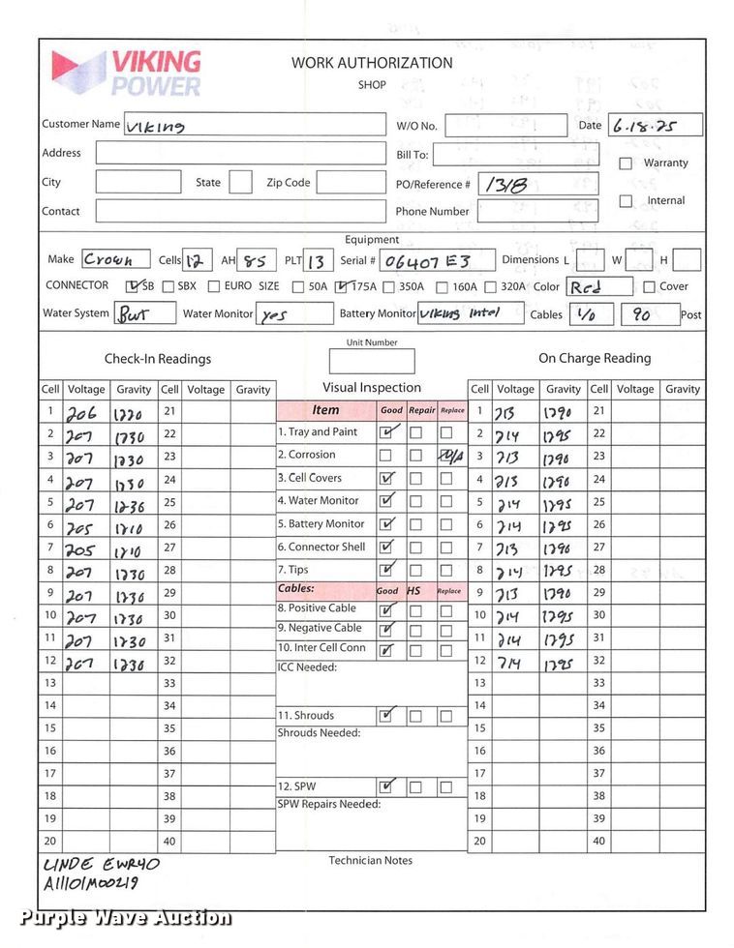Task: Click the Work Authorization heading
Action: point(372,63)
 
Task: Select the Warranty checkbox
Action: point(626,163)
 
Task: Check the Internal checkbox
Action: point(626,201)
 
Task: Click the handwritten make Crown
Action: point(108,259)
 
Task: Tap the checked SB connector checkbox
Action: point(134,286)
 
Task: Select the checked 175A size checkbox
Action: point(341,286)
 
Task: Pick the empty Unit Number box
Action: point(371,362)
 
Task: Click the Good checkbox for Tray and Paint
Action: point(387,432)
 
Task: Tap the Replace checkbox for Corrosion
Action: point(447,456)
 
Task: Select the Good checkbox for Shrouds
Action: point(387,716)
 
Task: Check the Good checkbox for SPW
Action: point(387,786)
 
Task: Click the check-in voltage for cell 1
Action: point(84,412)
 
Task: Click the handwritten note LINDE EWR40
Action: point(101,864)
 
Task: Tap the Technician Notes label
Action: point(370,861)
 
